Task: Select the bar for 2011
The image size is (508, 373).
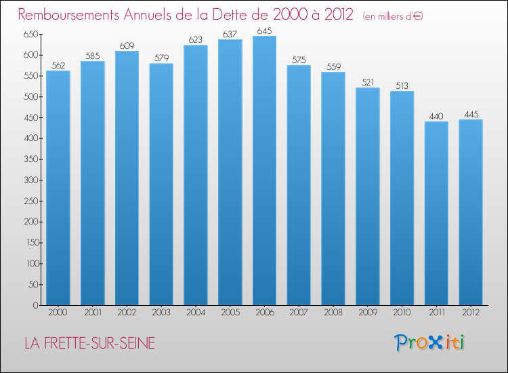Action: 436,214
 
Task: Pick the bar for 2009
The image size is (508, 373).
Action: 368,197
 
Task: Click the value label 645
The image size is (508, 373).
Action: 264,31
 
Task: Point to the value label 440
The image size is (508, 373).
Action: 436,116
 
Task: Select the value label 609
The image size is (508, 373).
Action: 127,45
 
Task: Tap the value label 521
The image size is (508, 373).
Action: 368,82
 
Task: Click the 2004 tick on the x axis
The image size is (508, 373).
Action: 196,313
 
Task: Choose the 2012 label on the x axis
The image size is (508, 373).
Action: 471,313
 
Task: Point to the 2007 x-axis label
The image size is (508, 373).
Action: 299,313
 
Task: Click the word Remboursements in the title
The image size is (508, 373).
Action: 67,15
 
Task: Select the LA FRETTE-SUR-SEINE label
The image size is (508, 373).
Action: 89,344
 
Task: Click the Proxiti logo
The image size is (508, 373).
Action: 430,342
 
